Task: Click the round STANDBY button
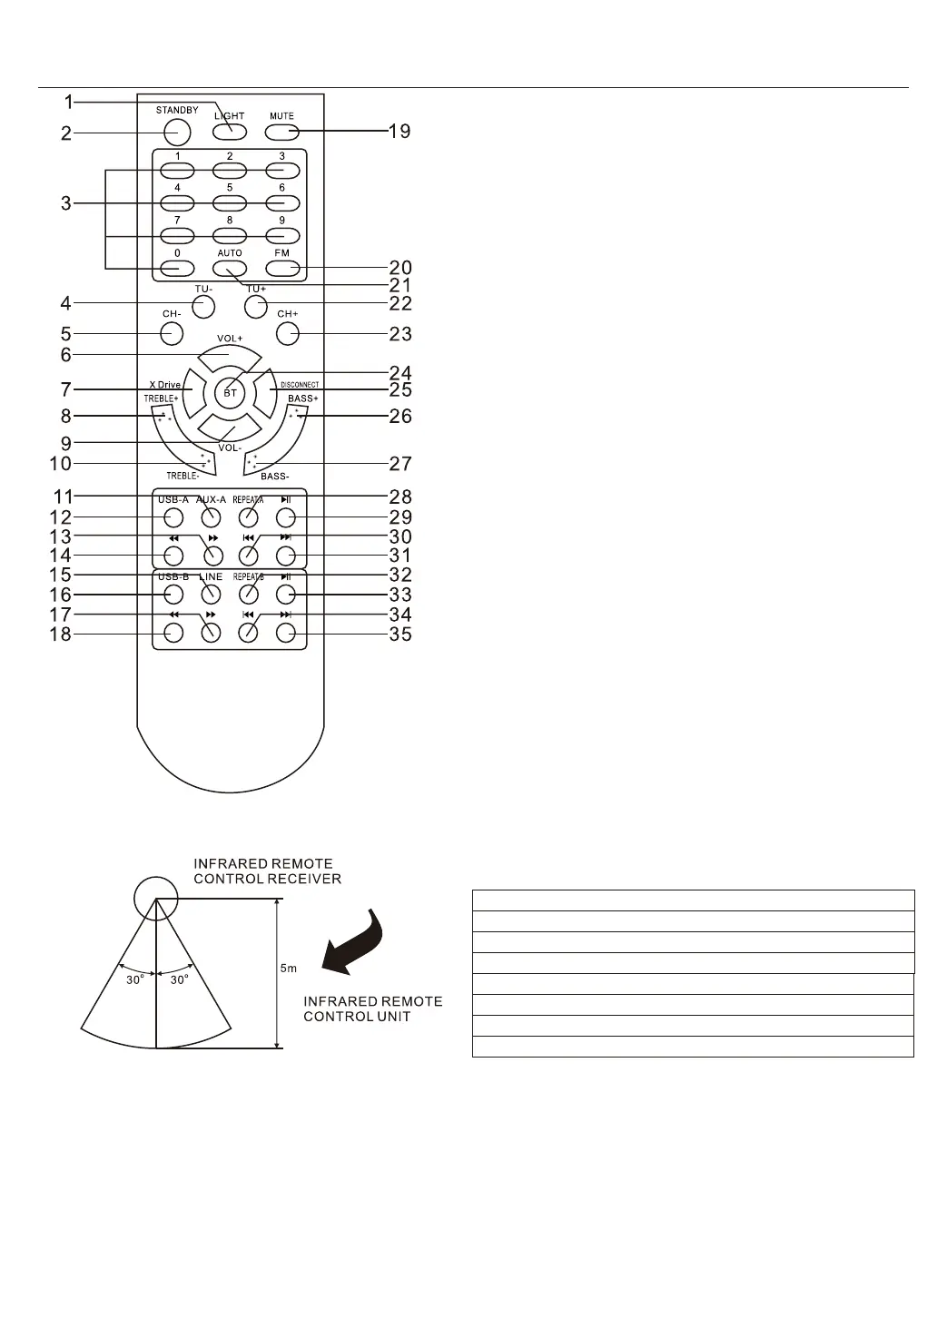pos(177,133)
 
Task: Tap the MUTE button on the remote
pos(282,133)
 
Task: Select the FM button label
pos(282,253)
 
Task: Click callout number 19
pos(400,132)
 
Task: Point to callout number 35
pos(400,635)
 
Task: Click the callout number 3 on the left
pos(66,203)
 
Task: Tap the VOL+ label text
pos(230,339)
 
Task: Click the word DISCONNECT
pos(300,385)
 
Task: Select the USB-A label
pos(173,499)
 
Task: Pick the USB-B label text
pos(173,577)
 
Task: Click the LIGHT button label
pos(230,116)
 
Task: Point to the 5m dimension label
pos(288,969)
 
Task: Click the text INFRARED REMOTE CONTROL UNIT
pos(372,1008)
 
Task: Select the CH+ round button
pos(288,334)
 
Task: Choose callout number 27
pos(400,464)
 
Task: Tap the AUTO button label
pos(230,253)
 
